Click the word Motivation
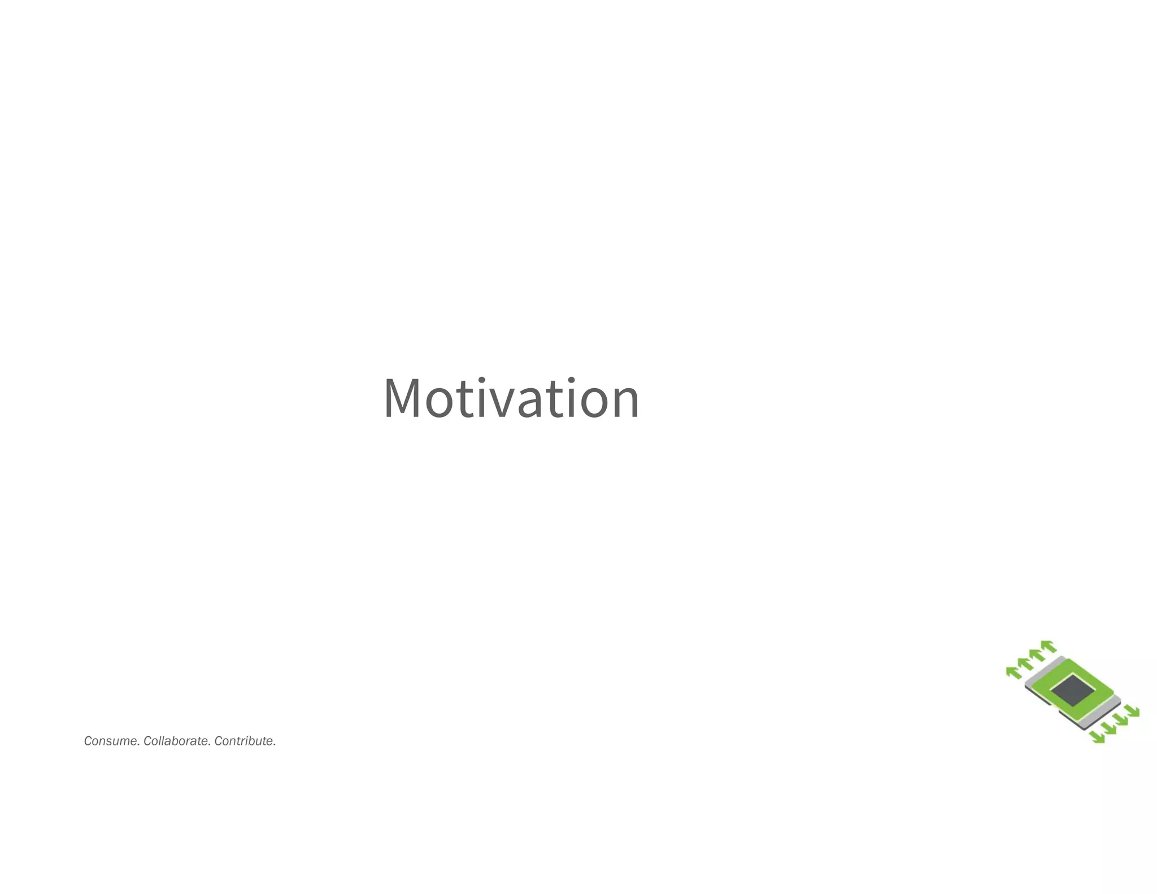(511, 398)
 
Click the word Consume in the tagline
(111, 741)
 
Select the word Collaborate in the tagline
(177, 741)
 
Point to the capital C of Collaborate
(147, 741)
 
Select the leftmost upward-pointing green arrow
(1014, 672)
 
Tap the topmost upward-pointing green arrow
(1049, 645)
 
